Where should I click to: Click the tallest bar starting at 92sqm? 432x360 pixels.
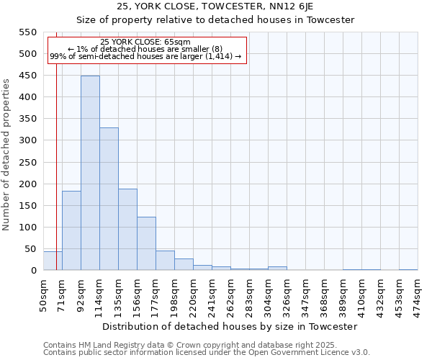pyautogui.click(x=90, y=173)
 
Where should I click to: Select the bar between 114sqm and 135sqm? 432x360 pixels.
pyautogui.click(x=109, y=199)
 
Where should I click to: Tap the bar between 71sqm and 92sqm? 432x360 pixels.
pyautogui.click(x=71, y=230)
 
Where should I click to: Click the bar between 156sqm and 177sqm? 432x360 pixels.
pyautogui.click(x=146, y=243)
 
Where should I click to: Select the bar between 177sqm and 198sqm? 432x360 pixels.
pyautogui.click(x=165, y=261)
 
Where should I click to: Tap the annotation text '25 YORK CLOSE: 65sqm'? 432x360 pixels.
pyautogui.click(x=145, y=42)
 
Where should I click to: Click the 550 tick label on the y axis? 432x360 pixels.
pyautogui.click(x=27, y=32)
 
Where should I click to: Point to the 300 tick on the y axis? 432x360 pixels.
pyautogui.click(x=27, y=140)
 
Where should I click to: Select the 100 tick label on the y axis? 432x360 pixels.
pyautogui.click(x=27, y=228)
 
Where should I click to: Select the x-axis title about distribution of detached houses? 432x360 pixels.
pyautogui.click(x=230, y=326)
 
